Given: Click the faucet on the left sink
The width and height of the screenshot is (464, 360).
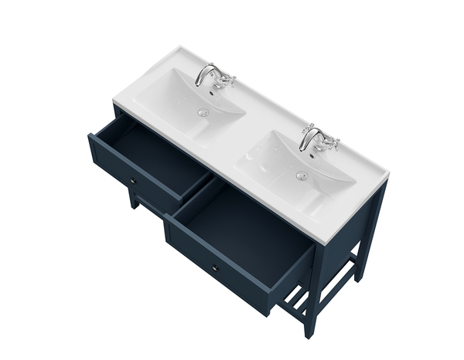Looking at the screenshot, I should (207, 75).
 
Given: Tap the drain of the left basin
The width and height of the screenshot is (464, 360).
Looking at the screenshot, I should (203, 113).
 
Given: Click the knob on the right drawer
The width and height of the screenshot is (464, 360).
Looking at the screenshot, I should (214, 268).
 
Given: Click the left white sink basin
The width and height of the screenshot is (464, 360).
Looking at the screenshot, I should (197, 100).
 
